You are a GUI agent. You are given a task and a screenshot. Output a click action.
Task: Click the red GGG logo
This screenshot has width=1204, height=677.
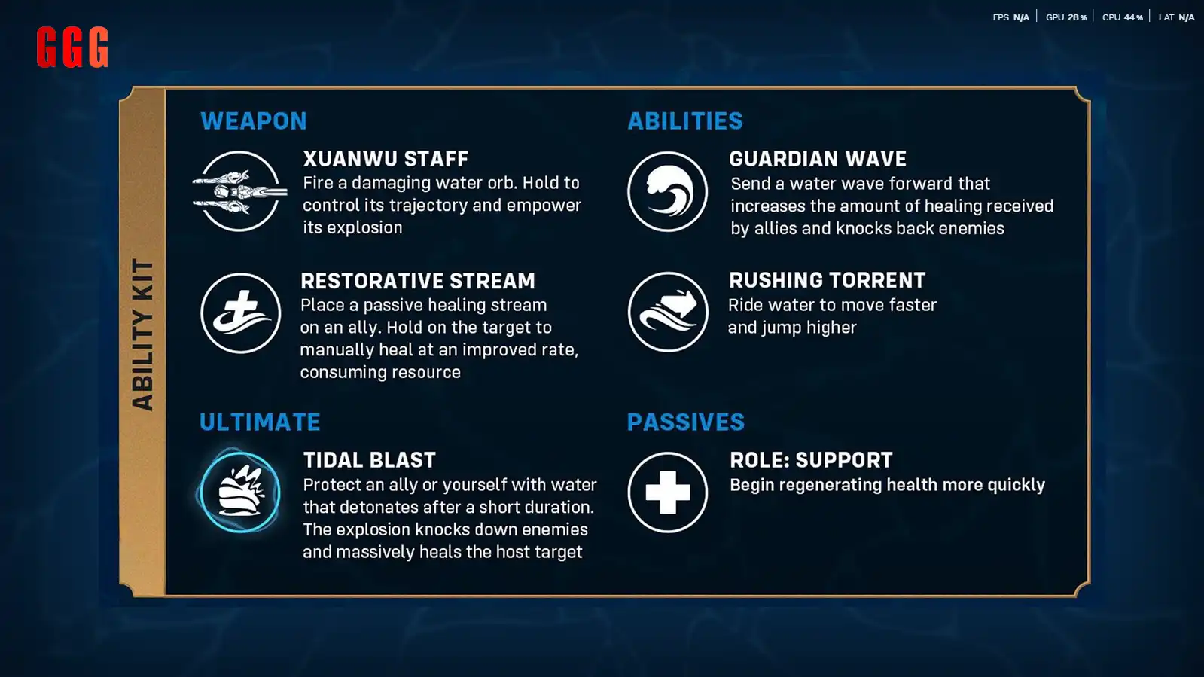click(x=72, y=47)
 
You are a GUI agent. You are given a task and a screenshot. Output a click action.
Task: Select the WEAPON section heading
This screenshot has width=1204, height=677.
click(x=254, y=121)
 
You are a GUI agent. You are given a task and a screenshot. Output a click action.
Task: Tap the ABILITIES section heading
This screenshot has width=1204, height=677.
click(x=685, y=121)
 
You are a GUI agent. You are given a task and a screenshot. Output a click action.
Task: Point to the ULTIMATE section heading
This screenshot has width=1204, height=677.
click(x=260, y=422)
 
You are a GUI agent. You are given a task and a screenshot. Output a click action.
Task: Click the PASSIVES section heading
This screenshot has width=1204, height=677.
click(x=686, y=422)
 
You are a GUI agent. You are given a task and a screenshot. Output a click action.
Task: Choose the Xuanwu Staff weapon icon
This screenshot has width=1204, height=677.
click(x=239, y=191)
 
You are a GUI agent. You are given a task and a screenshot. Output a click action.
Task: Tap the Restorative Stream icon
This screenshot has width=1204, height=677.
click(x=241, y=313)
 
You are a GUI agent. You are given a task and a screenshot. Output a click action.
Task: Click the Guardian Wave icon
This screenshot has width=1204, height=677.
click(x=668, y=191)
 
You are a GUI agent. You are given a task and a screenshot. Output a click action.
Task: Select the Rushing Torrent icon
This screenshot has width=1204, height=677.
click(x=668, y=312)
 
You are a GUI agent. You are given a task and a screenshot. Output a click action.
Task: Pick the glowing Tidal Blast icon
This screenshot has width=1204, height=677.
click(x=239, y=492)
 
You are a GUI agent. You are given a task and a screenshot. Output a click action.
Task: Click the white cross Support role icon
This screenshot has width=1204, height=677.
click(x=668, y=492)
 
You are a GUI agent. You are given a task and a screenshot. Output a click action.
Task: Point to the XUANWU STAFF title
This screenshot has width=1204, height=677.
click(x=386, y=159)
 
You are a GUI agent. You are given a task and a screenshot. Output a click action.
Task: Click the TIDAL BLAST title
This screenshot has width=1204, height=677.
click(x=370, y=460)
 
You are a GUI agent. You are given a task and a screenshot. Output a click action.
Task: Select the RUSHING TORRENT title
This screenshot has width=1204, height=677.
click(x=828, y=280)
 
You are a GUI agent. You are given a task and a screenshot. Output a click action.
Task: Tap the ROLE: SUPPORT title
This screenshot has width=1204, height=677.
click(x=811, y=460)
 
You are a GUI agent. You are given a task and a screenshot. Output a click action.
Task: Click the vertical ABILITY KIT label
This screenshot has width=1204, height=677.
click(x=143, y=334)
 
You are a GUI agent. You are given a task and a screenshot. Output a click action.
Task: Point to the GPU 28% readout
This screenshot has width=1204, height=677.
click(x=1066, y=17)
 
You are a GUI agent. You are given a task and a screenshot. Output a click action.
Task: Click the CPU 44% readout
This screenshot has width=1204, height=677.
click(x=1123, y=17)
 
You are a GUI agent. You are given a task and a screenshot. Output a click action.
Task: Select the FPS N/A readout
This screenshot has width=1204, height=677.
click(x=1011, y=17)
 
